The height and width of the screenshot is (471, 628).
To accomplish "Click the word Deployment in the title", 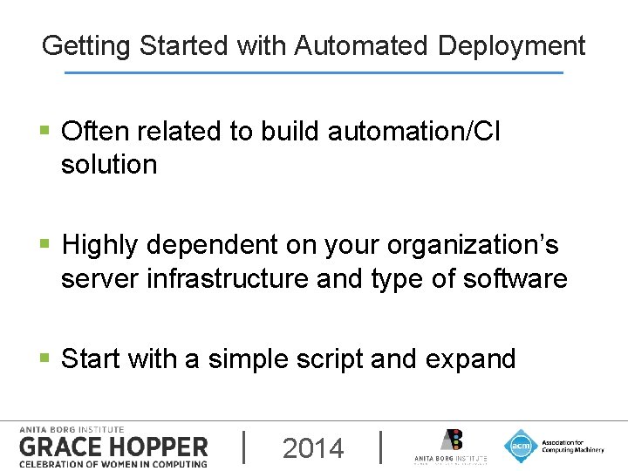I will pos(511,45).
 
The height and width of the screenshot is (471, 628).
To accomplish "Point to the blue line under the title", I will pos(314,72).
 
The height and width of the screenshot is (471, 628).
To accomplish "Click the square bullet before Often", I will pos(46,132).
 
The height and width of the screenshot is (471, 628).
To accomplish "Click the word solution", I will pos(109,164).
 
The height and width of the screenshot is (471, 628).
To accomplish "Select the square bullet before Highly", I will pos(46,246).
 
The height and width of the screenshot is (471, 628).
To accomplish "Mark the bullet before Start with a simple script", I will pos(46,359).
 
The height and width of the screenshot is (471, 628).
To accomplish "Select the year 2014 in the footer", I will pos(313,448).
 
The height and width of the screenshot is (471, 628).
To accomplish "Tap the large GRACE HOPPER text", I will pos(113,447).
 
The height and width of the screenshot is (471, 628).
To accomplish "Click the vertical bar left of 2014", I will pos(243,447).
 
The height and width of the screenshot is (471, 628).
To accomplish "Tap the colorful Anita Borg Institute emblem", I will pos(451,440).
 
